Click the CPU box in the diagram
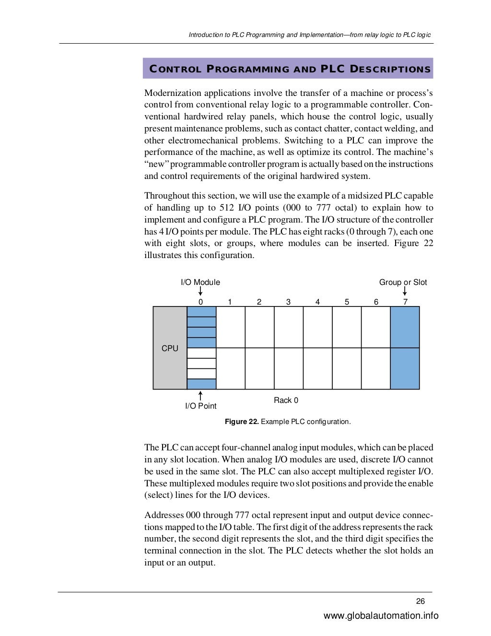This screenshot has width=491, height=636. coord(170,348)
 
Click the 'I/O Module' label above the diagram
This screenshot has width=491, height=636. coord(200,283)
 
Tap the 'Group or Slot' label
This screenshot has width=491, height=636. coord(403,283)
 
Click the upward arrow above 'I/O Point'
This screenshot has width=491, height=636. coord(200,396)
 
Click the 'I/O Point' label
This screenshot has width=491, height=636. coord(200,406)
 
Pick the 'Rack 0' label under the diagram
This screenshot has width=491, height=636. coord(286,400)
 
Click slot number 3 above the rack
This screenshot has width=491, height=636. coord(288,302)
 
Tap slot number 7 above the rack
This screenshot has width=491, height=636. coord(405,302)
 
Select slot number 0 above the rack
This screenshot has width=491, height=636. coord(200,302)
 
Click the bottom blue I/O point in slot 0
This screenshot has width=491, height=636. coord(201,384)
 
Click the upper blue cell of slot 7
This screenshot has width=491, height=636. coord(405,327)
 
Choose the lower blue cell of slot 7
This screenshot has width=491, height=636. coord(405,368)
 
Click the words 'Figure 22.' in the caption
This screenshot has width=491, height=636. coord(242,422)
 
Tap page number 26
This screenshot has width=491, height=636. coord(421,601)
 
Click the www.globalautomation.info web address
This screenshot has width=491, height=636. coord(381,616)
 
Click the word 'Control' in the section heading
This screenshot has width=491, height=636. coord(175,69)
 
